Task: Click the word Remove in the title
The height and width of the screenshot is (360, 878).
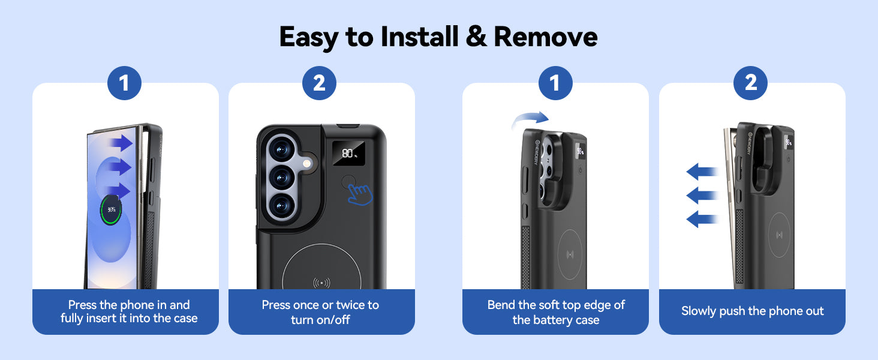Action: point(546,37)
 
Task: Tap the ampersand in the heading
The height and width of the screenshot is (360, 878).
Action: point(476,37)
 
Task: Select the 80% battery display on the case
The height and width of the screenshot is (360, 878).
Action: point(348,154)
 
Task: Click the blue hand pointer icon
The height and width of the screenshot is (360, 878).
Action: point(360,195)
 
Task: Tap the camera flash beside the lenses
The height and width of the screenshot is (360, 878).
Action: point(307,163)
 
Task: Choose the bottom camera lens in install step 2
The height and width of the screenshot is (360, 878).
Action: point(281,206)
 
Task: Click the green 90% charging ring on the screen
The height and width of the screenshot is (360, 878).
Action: point(112,210)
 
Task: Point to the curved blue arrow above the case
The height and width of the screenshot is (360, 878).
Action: point(530,118)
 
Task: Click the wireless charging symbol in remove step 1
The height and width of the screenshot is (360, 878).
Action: point(570,255)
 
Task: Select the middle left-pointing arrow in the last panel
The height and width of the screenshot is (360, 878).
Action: point(702,195)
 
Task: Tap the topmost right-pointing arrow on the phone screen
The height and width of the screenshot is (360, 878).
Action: point(121,143)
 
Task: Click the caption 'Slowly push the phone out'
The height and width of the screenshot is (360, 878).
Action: point(752,311)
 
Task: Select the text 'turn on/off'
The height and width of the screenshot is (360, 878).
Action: point(320,320)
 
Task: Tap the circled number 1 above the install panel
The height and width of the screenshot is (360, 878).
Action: point(124,83)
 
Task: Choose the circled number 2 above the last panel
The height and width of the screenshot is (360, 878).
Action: point(750,83)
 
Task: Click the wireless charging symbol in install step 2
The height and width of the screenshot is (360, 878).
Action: point(321,283)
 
